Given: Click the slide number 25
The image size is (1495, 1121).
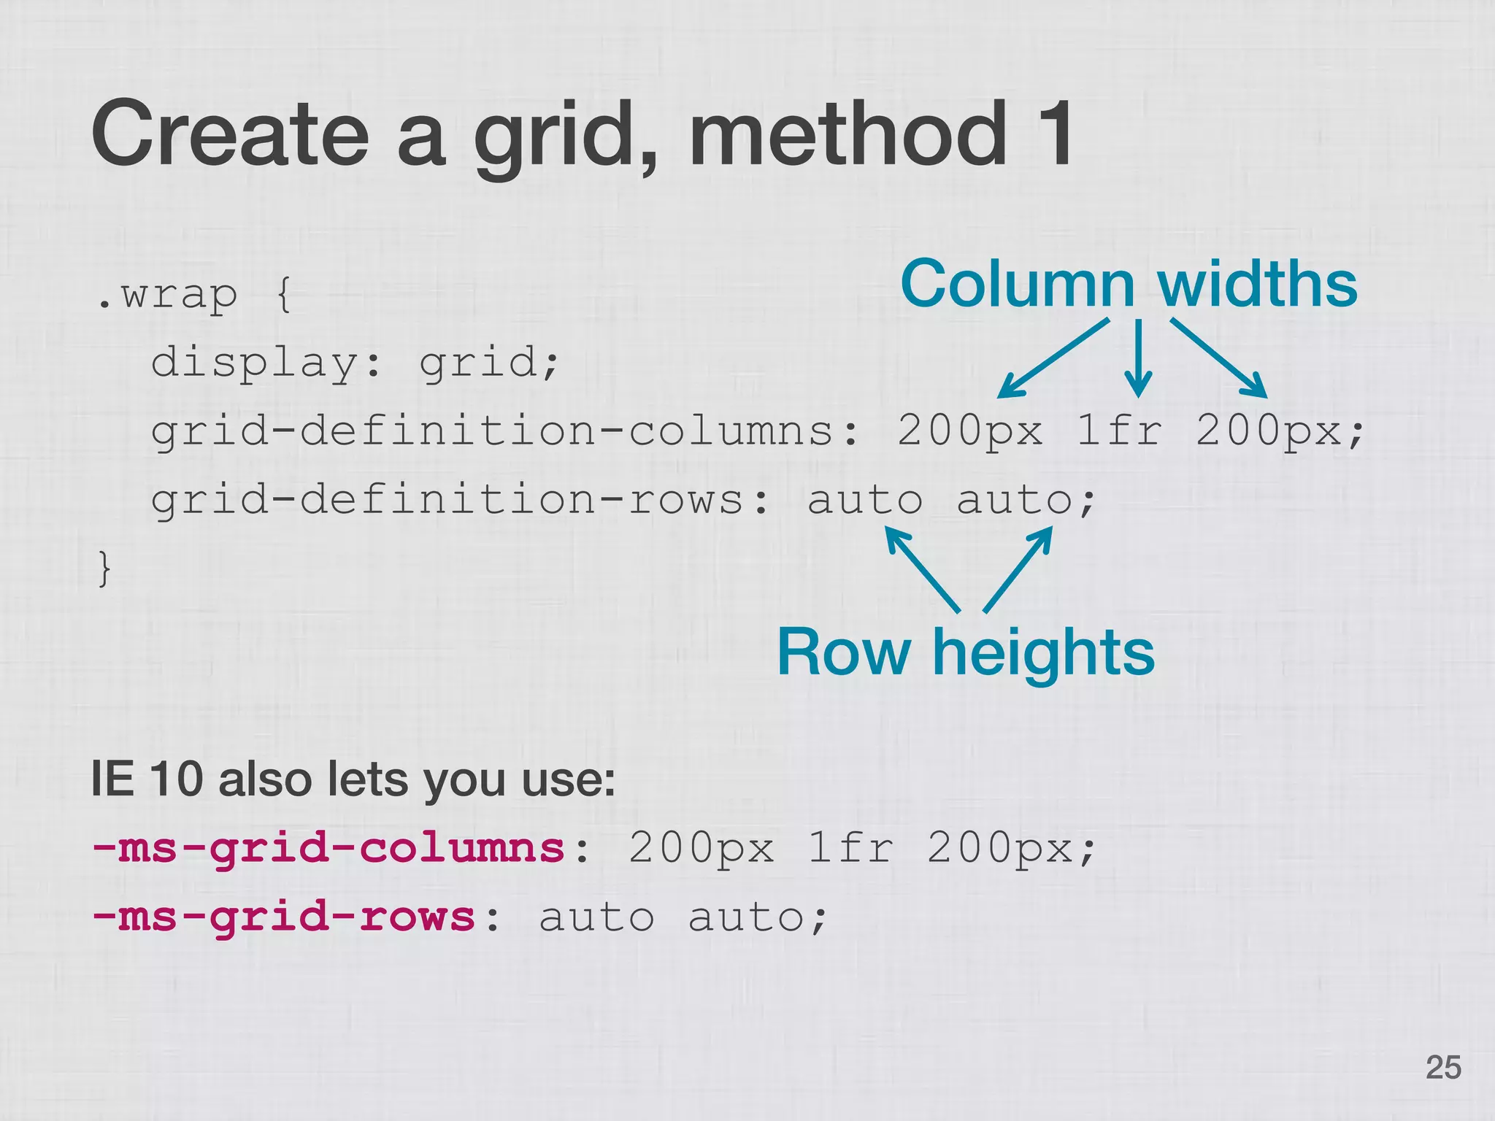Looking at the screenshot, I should (x=1443, y=1067).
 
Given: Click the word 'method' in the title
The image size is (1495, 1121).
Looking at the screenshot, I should (x=847, y=134).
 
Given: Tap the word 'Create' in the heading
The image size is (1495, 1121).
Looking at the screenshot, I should (x=231, y=134).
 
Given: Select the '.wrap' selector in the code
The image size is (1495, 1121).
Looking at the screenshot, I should (x=167, y=296).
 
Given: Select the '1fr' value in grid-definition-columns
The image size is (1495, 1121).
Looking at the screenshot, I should (x=1120, y=431).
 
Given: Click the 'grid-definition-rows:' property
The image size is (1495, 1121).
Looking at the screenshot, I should (x=461, y=501).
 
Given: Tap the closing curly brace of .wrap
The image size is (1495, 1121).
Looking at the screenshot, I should (x=105, y=569).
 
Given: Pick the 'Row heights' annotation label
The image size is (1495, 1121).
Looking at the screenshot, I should (x=965, y=652).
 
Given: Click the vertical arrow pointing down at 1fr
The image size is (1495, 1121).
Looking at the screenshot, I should (x=1137, y=358).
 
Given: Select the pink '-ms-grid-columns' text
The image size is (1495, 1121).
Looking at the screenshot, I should (x=328, y=848).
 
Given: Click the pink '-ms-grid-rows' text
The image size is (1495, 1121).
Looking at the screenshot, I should (x=284, y=917).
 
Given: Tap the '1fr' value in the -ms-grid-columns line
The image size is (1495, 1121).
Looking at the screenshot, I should (x=851, y=848).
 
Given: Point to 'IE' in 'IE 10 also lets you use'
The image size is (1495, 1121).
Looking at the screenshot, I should (x=112, y=779).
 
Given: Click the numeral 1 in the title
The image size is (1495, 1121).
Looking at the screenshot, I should (x=1053, y=134).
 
